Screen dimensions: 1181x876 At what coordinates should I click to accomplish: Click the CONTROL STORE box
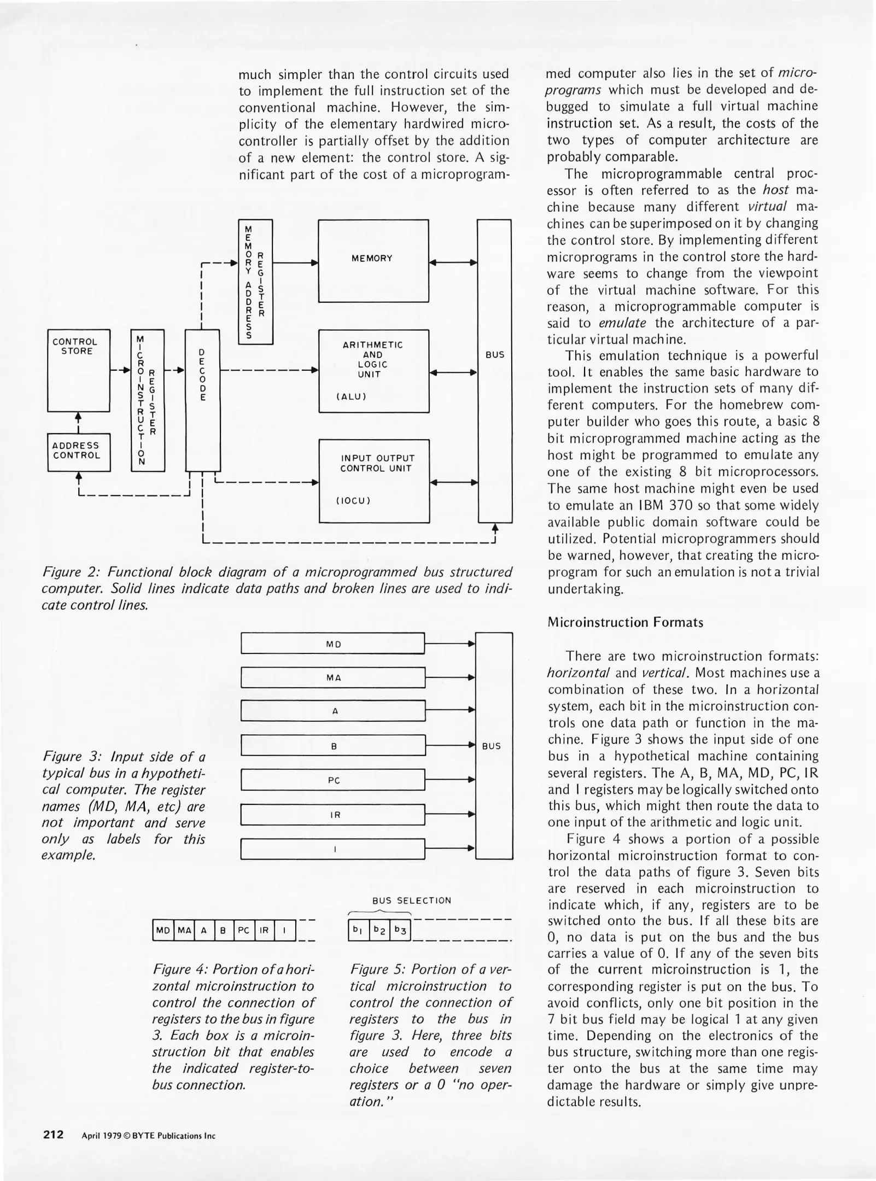point(79,370)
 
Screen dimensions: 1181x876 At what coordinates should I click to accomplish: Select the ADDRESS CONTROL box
point(79,452)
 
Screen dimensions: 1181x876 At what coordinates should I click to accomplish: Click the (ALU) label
point(351,396)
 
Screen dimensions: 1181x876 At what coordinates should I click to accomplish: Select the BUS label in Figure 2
point(495,354)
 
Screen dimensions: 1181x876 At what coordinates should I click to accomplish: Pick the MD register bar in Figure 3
point(333,644)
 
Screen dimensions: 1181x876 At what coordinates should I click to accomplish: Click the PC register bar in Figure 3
point(333,780)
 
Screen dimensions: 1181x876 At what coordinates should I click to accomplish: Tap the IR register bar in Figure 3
point(333,815)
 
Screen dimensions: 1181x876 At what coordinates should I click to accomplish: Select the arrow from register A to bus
point(450,710)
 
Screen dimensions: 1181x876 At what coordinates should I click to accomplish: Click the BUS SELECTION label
point(412,901)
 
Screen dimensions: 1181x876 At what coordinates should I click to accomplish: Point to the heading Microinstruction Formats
point(625,622)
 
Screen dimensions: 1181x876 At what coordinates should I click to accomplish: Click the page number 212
point(54,1135)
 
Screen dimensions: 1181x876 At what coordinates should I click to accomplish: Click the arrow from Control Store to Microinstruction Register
point(120,371)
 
